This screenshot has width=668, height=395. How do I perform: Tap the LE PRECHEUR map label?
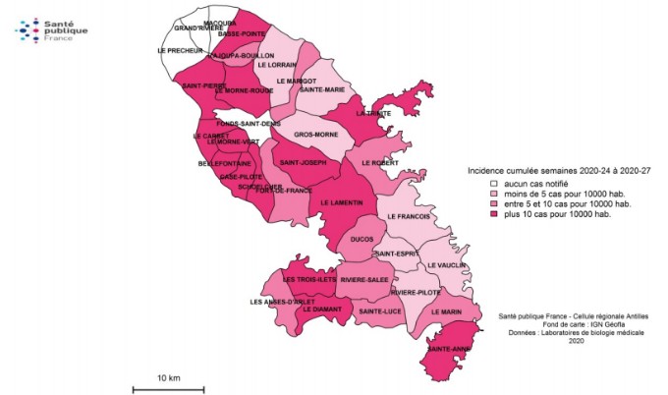click(x=179, y=49)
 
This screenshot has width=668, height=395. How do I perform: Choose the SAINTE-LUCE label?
click(x=379, y=311)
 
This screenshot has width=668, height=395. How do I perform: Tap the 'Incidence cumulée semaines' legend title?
click(x=557, y=171)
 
